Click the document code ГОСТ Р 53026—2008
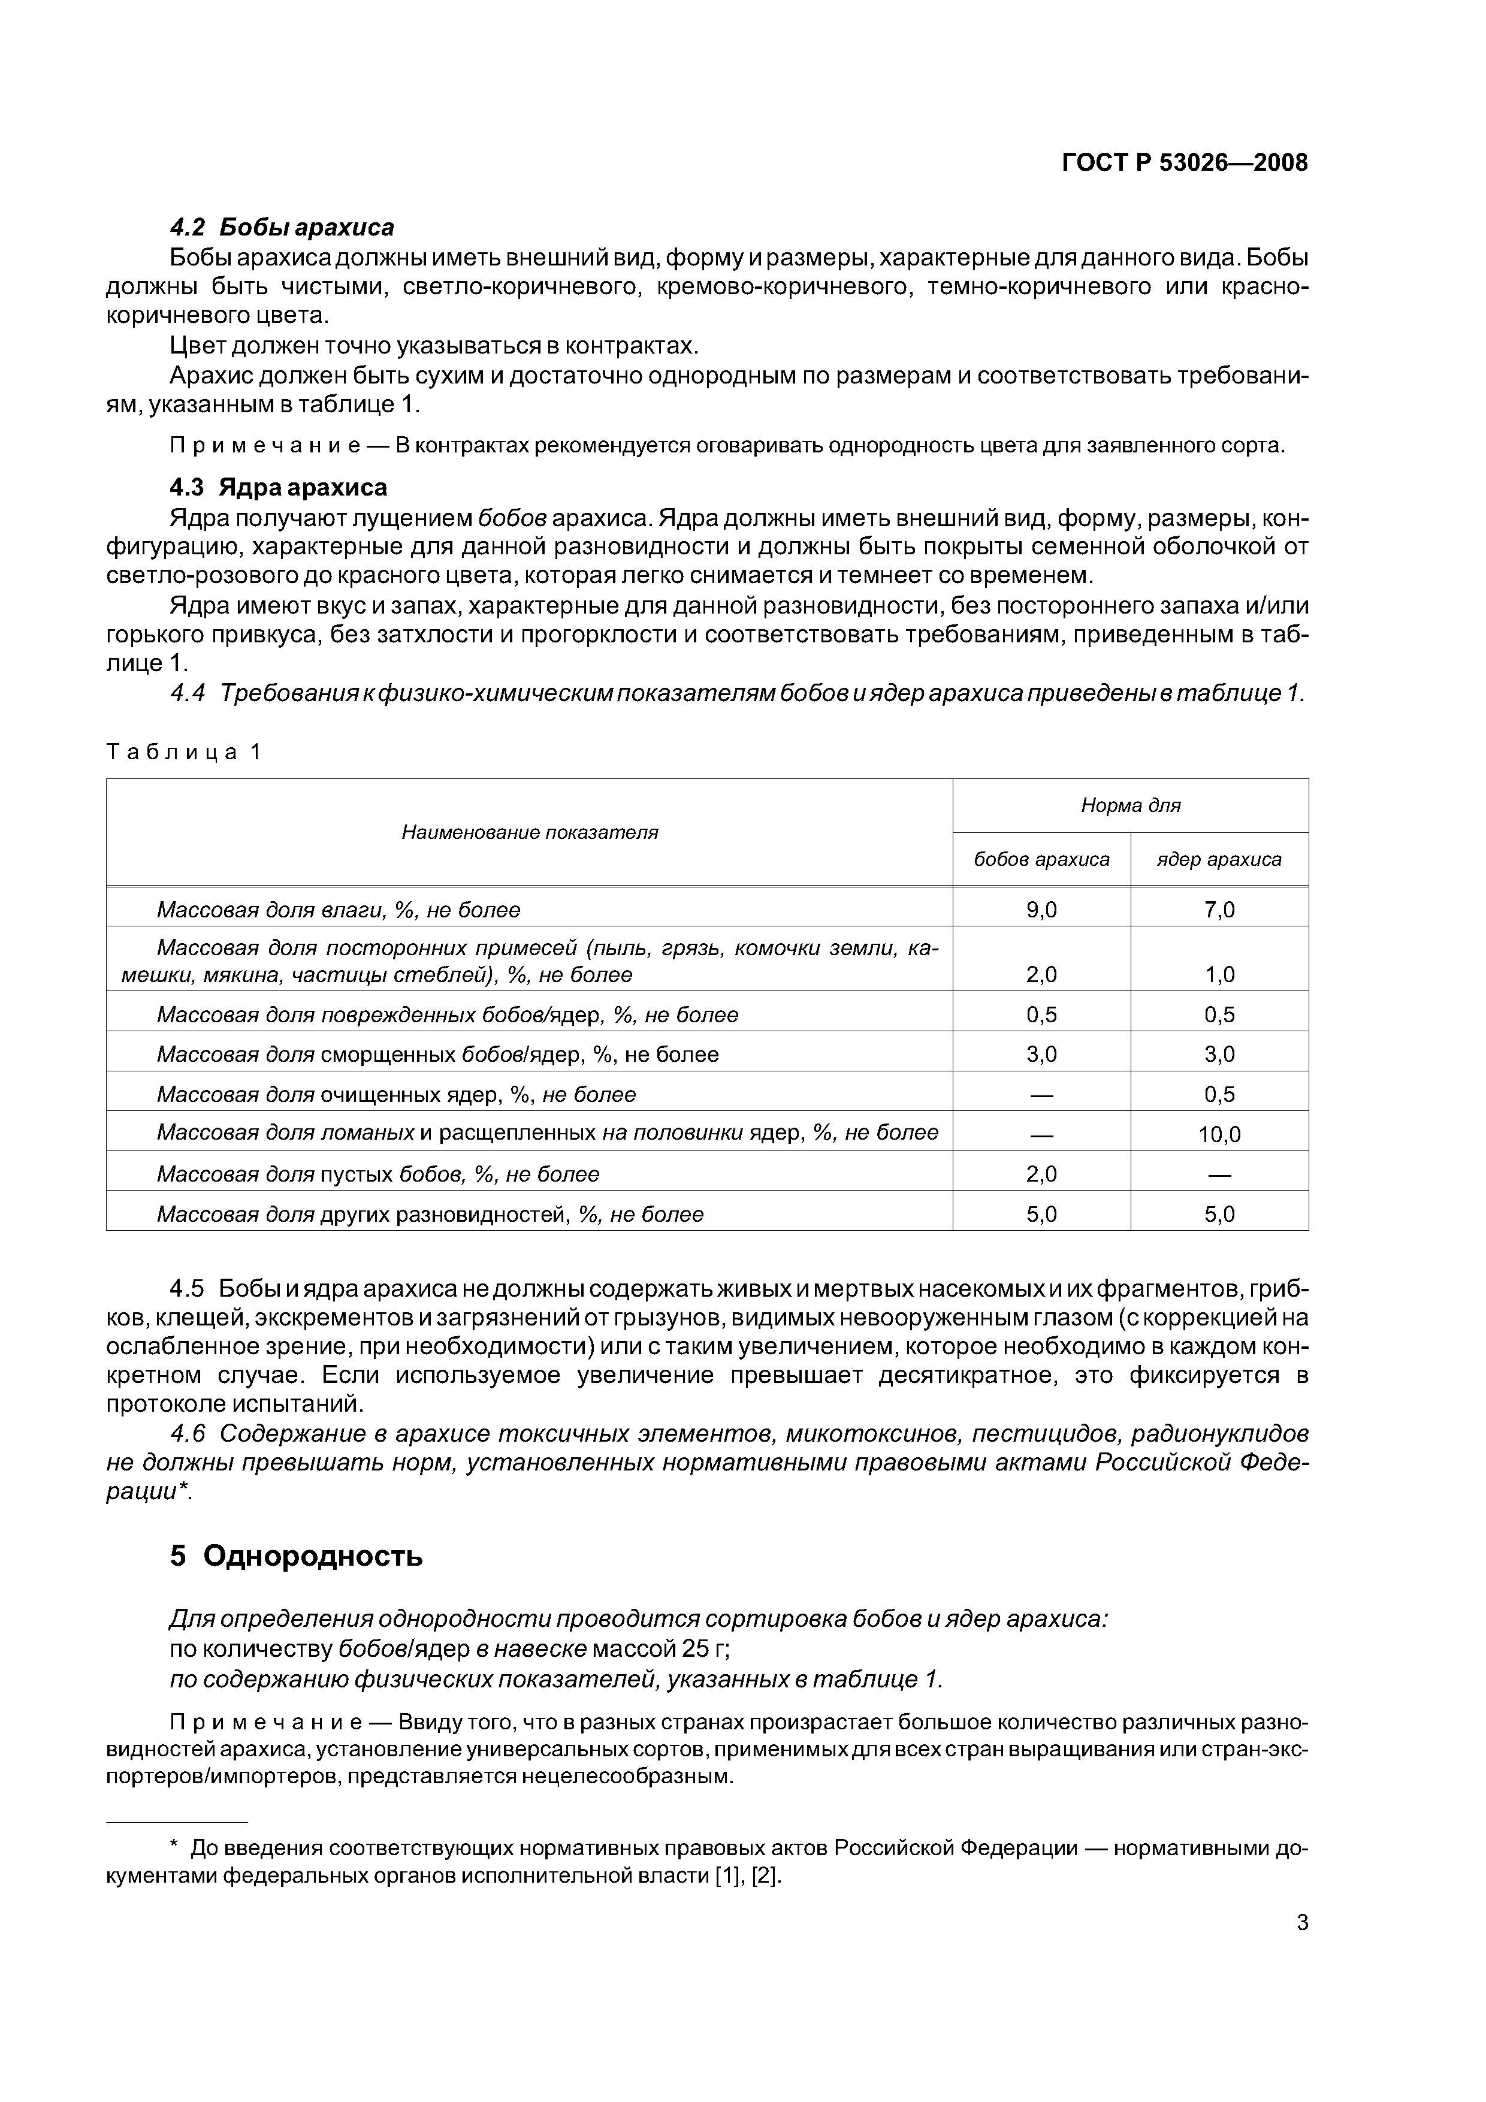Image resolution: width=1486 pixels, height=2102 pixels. [x=1184, y=163]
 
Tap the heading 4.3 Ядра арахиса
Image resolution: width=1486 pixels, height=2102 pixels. [x=279, y=487]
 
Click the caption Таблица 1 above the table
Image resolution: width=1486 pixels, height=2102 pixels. [x=184, y=751]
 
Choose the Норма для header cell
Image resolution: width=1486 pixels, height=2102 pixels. [x=1130, y=806]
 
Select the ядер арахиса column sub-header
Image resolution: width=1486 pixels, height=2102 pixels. [x=1219, y=860]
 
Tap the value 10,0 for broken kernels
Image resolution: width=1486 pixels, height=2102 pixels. [x=1219, y=1134]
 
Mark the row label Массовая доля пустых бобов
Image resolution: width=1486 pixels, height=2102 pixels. [x=378, y=1174]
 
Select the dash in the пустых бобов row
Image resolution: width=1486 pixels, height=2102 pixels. [x=1219, y=1174]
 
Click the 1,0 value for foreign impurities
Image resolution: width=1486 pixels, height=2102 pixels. [x=1219, y=974]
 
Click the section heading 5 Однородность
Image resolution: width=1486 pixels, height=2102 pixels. [x=296, y=1556]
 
